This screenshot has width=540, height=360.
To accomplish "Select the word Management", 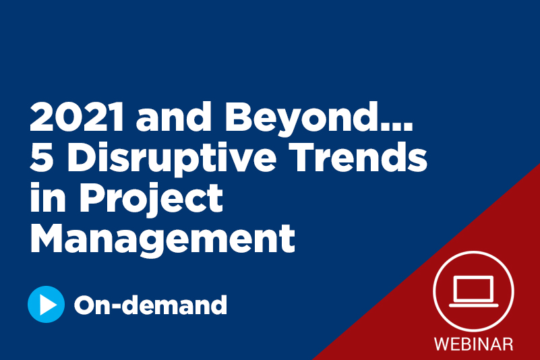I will tap(162, 239).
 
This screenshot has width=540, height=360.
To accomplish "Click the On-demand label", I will tap(150, 305).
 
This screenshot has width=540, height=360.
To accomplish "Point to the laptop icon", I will tap(473, 291).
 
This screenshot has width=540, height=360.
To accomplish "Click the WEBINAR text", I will tap(473, 343).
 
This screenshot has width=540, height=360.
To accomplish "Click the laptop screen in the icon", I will tap(473, 288).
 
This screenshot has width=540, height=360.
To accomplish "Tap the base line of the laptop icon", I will tap(473, 305).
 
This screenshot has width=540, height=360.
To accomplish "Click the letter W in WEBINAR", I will tap(442, 343).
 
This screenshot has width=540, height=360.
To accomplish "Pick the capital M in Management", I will tap(47, 239).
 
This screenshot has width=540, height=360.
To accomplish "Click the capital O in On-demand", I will tap(86, 305).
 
